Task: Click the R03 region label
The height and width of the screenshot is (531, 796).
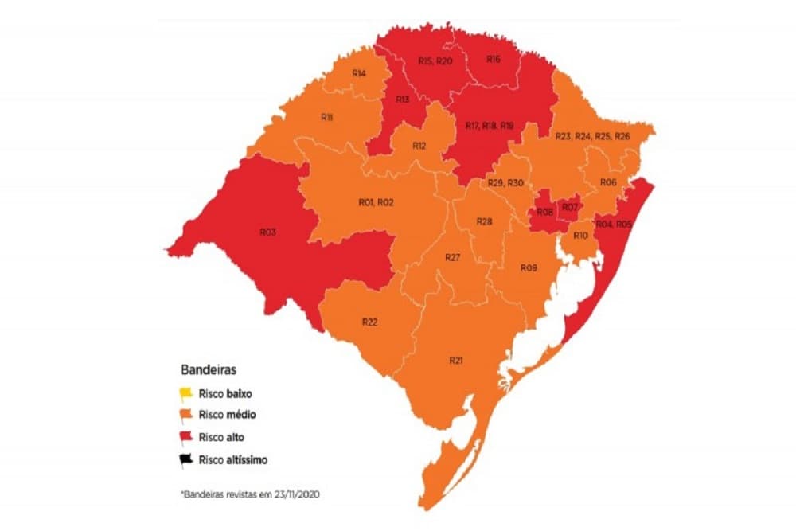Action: click(x=267, y=232)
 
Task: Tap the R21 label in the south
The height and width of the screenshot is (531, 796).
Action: click(x=456, y=361)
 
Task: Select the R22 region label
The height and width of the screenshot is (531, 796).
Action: click(x=369, y=322)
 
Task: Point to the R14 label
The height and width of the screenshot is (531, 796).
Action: click(x=358, y=74)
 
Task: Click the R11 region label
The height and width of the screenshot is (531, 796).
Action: click(x=327, y=117)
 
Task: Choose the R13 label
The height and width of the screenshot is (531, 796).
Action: click(x=402, y=100)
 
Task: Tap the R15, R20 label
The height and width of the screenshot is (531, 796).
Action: click(x=435, y=61)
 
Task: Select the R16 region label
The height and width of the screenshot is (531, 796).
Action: click(x=494, y=60)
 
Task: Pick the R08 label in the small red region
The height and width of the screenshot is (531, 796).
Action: click(x=545, y=212)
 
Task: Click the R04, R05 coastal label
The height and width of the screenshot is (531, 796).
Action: click(x=614, y=225)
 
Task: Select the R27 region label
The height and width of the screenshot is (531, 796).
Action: click(x=453, y=258)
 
